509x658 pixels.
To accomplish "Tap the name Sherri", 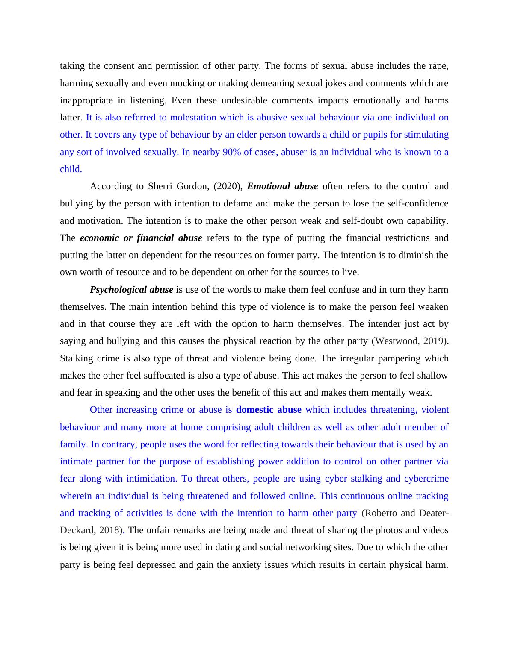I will [x=160, y=186].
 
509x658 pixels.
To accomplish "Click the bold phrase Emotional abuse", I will [x=282, y=186].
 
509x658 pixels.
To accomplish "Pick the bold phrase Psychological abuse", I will [x=131, y=290].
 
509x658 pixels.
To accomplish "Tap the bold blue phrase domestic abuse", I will [x=269, y=410].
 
